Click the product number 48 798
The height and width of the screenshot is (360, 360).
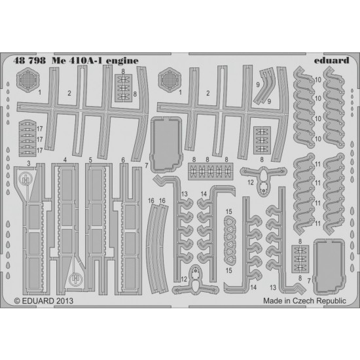point(29,60)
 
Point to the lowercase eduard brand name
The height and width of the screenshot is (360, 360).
point(331,60)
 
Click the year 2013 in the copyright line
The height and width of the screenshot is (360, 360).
point(64,301)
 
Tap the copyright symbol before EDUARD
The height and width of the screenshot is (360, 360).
point(17,301)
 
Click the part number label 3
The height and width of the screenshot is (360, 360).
point(28,164)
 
